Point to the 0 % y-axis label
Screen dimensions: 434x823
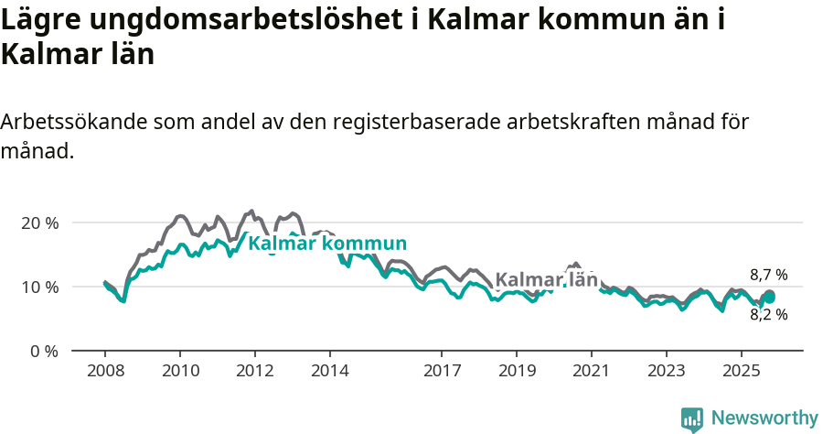(x=44, y=351)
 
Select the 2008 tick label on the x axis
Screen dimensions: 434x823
(x=105, y=371)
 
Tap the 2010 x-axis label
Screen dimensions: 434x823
(x=180, y=371)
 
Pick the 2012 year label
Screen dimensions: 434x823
(x=255, y=371)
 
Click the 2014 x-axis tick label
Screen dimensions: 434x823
(x=330, y=371)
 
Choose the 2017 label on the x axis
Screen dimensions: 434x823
(x=442, y=371)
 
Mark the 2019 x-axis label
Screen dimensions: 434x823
(x=517, y=371)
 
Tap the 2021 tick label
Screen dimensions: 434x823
(x=592, y=371)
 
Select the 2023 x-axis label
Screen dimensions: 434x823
(x=667, y=371)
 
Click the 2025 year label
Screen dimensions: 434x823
(x=742, y=371)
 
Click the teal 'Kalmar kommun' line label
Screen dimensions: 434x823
(x=327, y=244)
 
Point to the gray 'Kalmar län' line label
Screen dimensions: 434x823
(x=546, y=279)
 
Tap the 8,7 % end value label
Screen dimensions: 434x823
(x=768, y=275)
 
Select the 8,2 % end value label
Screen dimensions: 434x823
(x=768, y=314)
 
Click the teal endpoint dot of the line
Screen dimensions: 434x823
(x=770, y=297)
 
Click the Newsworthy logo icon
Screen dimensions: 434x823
(x=692, y=418)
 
